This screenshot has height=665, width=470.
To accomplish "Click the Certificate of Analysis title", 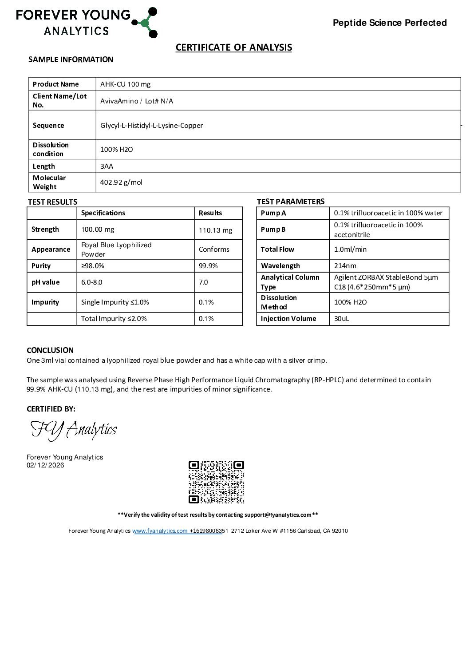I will pos(233,47).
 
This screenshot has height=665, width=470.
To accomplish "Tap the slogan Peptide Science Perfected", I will pos(390,23).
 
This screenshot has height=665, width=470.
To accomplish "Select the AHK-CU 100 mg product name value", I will pos(125,84).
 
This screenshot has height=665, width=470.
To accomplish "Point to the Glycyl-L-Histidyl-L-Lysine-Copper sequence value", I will pos(151,126).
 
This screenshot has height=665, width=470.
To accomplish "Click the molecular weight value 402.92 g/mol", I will pos(121,182).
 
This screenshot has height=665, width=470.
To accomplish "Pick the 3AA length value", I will pos(107,166).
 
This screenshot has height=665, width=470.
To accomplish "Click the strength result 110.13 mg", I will pos(215,230).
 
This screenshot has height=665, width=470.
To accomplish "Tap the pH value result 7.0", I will pos(203,282).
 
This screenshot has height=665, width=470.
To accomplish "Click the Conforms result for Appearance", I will pos(214,249).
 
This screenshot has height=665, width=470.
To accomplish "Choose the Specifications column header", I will pos(103,213).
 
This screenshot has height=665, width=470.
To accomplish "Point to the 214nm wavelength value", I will pos(345,266).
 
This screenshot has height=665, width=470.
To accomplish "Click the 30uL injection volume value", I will pos(341,319).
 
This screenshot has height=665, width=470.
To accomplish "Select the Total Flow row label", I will pos(277,249).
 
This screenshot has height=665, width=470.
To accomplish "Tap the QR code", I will pos(216,482).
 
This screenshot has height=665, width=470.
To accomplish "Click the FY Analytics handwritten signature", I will pos(74,430).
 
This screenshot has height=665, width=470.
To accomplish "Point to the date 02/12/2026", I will pos(45,465).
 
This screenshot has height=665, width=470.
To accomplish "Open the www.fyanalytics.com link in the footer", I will pos(160,531).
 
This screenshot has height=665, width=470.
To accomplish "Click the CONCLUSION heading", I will pos(50,350).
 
